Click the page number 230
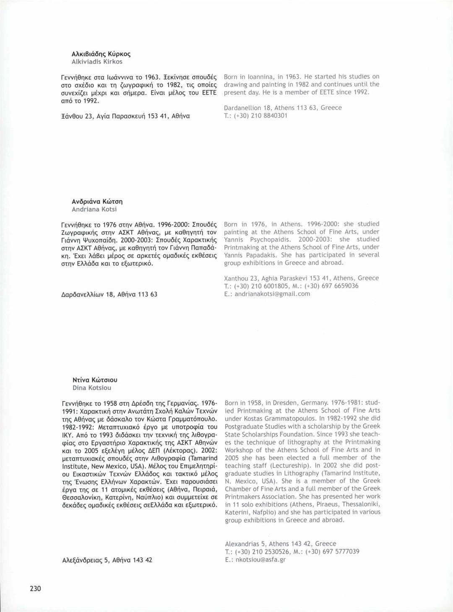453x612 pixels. point(35,589)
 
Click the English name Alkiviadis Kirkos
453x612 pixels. point(97,62)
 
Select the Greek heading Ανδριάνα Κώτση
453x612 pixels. point(97,202)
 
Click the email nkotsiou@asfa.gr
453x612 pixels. point(260,559)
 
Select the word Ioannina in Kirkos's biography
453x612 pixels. point(256,77)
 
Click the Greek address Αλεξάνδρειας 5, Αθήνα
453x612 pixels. point(107,560)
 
